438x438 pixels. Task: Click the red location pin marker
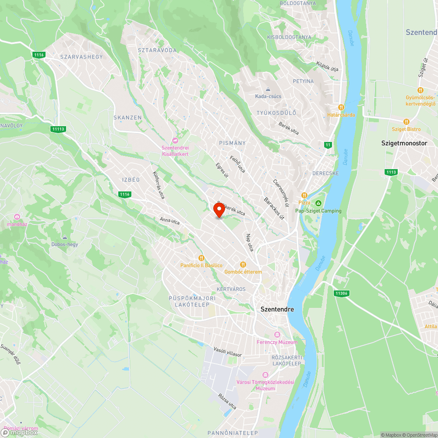[x=219, y=210]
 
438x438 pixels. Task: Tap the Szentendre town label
[x=277, y=309]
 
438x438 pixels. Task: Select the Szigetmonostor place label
[x=404, y=143]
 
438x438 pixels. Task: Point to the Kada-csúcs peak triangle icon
[x=268, y=89]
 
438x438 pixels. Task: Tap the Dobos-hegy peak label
[x=65, y=244]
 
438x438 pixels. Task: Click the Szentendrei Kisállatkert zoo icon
[x=175, y=141]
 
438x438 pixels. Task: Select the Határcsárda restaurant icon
[x=341, y=107]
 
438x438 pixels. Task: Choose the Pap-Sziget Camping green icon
[x=318, y=203]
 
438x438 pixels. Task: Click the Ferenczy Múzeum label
[x=277, y=342]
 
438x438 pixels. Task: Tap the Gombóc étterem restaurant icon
[x=243, y=265]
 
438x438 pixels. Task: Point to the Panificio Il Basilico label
[x=201, y=266]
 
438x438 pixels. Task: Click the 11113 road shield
[x=58, y=129]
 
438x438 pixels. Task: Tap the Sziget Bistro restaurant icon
[x=406, y=122]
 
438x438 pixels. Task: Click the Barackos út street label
[x=274, y=208]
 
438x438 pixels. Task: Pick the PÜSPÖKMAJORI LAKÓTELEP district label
[x=193, y=301]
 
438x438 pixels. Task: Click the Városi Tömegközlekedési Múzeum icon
[x=265, y=375]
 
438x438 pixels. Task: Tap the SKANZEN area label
[x=127, y=118]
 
